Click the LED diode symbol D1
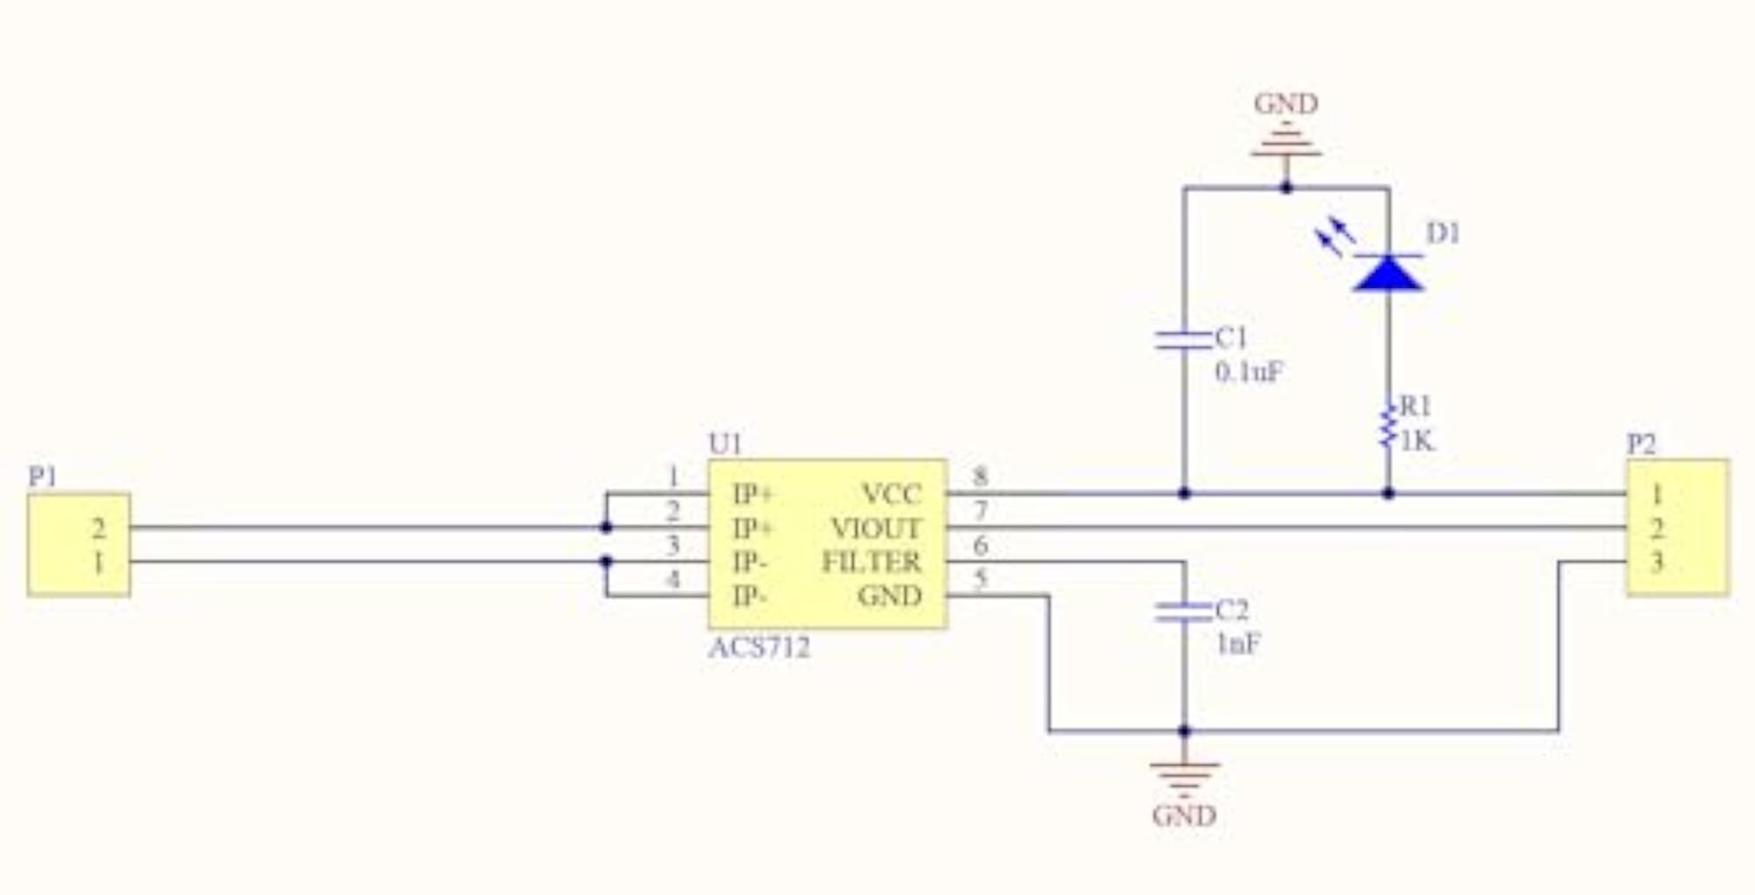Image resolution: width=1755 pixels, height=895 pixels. [x=1388, y=271]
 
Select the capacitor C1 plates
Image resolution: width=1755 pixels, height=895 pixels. [x=1184, y=340]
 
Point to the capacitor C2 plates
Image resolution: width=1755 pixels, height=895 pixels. [x=1184, y=612]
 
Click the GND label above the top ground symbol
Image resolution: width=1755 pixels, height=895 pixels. [x=1286, y=104]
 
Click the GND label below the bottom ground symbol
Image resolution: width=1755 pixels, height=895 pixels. [x=1184, y=816]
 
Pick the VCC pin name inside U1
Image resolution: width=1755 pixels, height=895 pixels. [x=892, y=494]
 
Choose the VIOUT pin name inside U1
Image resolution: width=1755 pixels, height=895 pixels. [x=876, y=528]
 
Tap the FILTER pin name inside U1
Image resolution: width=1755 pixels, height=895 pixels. [x=871, y=562]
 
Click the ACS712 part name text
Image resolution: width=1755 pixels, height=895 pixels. [x=759, y=648]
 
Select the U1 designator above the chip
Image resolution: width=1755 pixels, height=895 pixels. [x=726, y=444]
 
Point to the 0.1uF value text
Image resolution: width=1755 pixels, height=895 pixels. [x=1249, y=372]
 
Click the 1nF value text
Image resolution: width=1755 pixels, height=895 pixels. [x=1238, y=644]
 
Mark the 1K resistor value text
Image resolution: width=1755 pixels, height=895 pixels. [x=1417, y=440]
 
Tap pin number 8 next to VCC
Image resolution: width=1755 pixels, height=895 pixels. [x=980, y=476]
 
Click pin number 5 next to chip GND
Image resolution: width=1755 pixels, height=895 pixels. [x=980, y=578]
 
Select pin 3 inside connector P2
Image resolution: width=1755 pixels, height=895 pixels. [x=1657, y=562]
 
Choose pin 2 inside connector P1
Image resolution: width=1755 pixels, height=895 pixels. [x=98, y=528]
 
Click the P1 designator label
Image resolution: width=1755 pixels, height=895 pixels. [x=42, y=476]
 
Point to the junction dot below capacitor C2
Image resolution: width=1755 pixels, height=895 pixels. [x=1184, y=730]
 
